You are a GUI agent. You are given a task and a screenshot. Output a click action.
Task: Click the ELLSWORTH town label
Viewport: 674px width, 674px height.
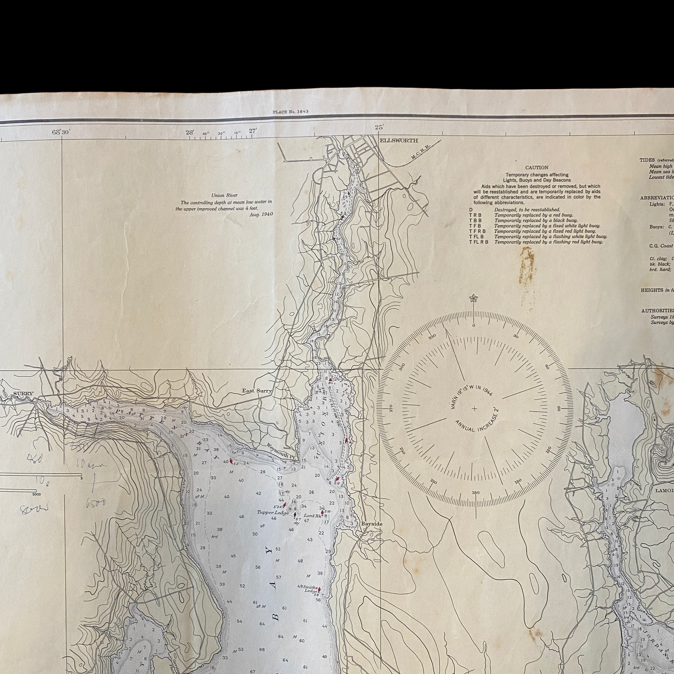(x=399, y=140)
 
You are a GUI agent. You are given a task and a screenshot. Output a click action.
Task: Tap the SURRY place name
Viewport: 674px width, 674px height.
(x=23, y=394)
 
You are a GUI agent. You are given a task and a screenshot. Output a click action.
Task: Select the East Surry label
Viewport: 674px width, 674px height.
(x=257, y=391)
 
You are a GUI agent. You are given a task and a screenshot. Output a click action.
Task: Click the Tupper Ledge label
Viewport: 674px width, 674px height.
(x=273, y=513)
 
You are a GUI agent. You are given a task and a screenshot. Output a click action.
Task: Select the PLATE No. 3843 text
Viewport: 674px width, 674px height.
(x=291, y=112)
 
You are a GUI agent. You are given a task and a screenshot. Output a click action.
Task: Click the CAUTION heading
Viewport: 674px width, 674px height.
(x=537, y=167)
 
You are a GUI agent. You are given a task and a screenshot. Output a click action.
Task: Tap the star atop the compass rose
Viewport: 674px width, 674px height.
(x=473, y=298)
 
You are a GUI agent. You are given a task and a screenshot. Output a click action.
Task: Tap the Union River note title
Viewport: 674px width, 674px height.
(x=224, y=195)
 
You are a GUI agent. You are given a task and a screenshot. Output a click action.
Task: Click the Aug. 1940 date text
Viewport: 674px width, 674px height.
(x=261, y=214)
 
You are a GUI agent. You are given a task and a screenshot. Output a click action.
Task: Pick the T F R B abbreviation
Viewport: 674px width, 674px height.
(x=477, y=231)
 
